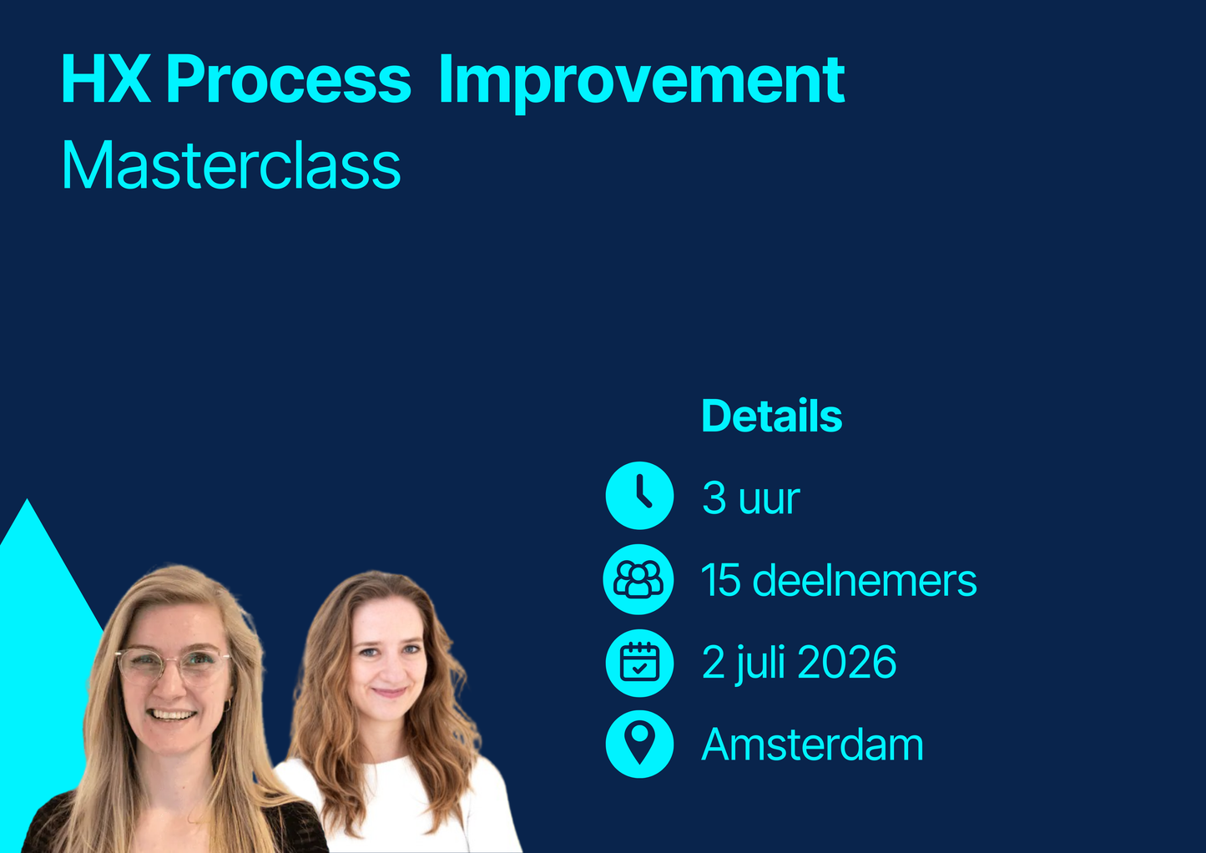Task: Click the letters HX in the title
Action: tap(105, 80)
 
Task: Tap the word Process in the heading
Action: tap(288, 80)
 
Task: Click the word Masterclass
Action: tap(231, 165)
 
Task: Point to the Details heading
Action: tap(771, 416)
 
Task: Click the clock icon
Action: tap(639, 496)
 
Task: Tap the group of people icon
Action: tap(638, 579)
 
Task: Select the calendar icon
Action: tap(639, 663)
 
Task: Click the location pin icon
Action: tap(639, 744)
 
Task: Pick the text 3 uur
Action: tap(750, 498)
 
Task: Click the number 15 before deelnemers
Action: tap(721, 580)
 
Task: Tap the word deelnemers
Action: tap(864, 580)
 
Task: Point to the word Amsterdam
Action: tap(812, 744)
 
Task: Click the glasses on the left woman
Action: tap(173, 664)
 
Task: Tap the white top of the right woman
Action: tap(392, 801)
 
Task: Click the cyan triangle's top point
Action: tap(28, 502)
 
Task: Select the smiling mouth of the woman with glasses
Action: tap(172, 714)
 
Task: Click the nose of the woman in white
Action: tap(388, 669)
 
